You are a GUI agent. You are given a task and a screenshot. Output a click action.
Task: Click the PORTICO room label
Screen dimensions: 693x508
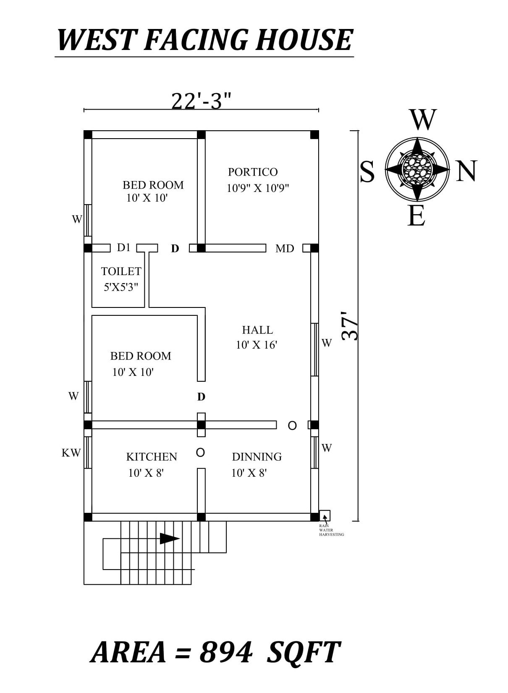253,172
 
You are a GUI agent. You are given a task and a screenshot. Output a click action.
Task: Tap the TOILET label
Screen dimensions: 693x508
121,271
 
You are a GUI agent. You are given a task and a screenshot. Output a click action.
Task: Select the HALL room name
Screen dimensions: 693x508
257,330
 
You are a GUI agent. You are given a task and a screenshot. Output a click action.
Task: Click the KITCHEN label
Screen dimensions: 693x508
152,457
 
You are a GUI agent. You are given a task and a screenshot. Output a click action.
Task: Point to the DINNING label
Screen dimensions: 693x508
257,457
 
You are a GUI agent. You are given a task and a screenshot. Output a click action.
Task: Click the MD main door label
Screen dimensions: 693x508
285,249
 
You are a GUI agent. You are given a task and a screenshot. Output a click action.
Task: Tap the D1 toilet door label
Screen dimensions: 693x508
124,248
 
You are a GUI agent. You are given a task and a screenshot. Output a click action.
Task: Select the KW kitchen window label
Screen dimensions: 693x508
71,453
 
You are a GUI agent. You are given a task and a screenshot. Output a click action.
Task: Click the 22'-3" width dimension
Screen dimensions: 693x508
202,101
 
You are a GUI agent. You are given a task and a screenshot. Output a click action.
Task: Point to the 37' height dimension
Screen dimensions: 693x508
350,325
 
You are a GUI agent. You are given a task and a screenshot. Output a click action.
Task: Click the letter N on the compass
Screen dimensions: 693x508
466,171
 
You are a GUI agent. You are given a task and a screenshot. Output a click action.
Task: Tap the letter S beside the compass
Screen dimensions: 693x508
367,172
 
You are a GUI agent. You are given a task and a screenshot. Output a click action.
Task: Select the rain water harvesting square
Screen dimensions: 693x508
325,515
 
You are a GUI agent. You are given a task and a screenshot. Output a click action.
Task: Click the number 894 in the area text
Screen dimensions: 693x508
226,652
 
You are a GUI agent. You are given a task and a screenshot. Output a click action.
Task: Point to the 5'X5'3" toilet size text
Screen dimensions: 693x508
121,287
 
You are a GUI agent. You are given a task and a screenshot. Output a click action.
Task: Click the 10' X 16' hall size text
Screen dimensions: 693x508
257,345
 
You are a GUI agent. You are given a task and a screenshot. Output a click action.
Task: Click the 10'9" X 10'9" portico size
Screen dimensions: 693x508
258,188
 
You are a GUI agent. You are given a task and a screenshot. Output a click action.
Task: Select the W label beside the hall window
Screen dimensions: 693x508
327,343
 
